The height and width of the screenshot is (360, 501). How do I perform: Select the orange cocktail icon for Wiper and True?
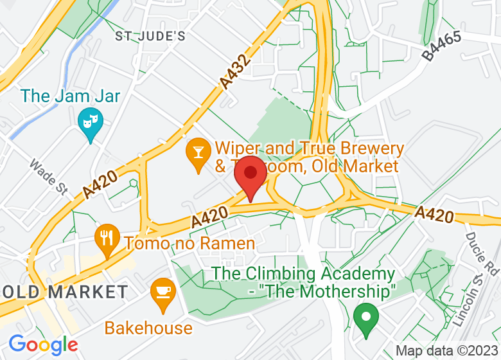[198, 153]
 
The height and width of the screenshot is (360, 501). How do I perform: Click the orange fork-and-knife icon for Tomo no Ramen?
[107, 238]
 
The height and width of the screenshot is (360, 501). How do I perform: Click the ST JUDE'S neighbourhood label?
[150, 36]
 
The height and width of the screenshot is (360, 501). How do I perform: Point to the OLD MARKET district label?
[65, 292]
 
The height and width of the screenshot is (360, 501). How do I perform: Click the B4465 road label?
[442, 46]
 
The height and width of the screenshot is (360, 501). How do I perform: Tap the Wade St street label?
[49, 177]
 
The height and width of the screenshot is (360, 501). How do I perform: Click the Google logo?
[42, 345]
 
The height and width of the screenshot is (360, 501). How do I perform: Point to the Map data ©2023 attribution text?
[446, 351]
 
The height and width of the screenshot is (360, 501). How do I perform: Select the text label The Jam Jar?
[71, 96]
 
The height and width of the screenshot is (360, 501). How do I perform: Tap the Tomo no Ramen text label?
[189, 244]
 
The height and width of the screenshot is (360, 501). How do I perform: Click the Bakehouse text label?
[148, 328]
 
